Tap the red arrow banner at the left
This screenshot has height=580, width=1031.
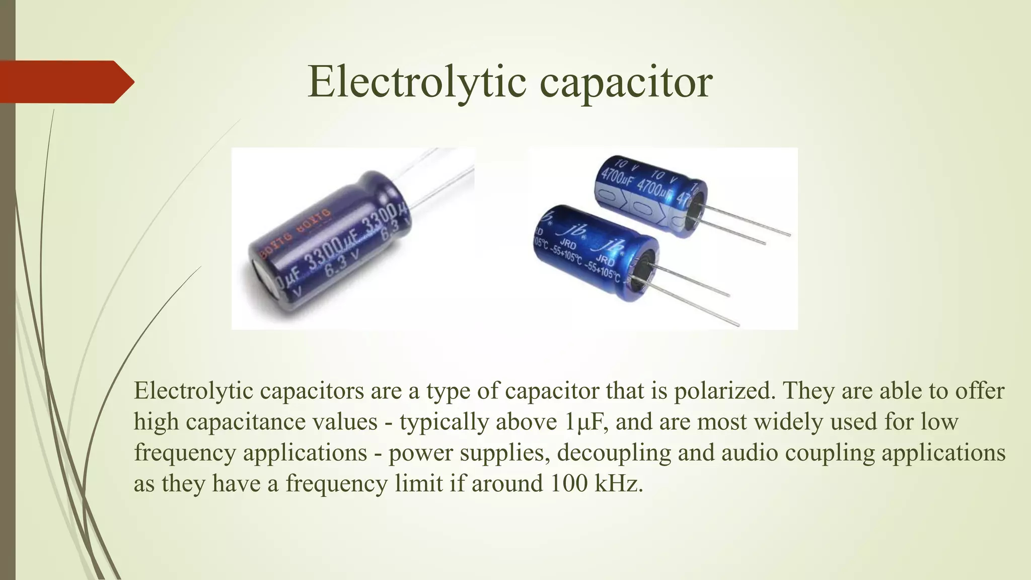65,82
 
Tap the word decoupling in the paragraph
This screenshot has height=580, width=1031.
614,453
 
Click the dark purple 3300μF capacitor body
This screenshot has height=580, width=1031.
332,242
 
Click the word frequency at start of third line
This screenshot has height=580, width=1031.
185,453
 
